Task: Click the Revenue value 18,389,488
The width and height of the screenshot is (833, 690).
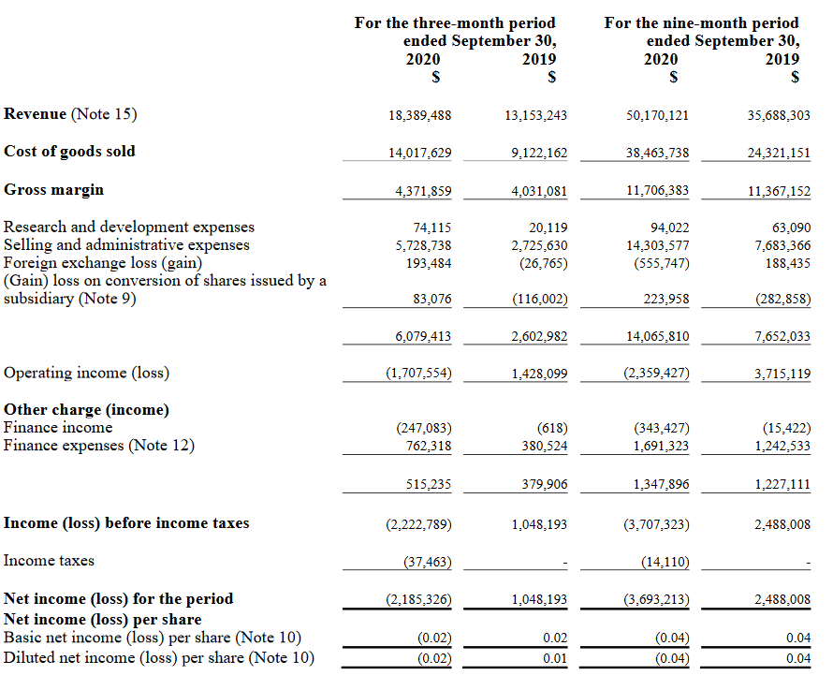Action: coord(419,115)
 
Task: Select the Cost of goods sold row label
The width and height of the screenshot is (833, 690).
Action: coord(69,151)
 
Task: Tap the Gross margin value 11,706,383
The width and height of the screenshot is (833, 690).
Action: coord(657,191)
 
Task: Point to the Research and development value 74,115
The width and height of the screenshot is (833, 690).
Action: coord(431,228)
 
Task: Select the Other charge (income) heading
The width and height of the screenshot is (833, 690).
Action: coord(86,409)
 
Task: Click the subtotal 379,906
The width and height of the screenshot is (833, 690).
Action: coord(544,484)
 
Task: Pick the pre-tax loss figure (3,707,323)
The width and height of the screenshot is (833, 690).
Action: coord(656,524)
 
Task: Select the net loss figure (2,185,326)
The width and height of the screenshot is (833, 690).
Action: coord(418,599)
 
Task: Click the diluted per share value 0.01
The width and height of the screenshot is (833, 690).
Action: coord(555,657)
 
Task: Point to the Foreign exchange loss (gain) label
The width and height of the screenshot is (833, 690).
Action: coord(103,263)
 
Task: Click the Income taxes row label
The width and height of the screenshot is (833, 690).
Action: coord(49,561)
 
